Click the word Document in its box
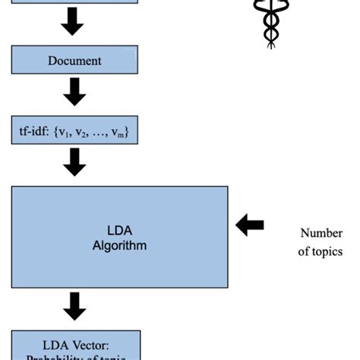(x=75, y=60)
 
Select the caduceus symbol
(x=270, y=23)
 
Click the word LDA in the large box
(x=120, y=232)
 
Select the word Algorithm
(x=120, y=245)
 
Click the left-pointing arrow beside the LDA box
(x=250, y=224)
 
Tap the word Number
(x=321, y=233)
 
